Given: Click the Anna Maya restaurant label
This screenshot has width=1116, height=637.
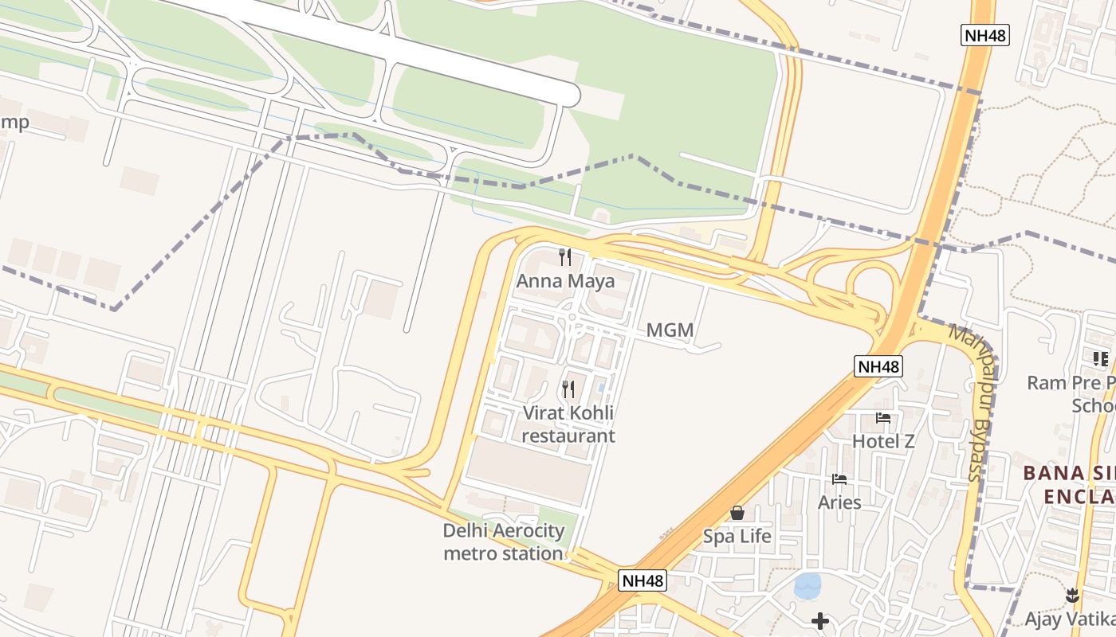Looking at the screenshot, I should [x=565, y=281].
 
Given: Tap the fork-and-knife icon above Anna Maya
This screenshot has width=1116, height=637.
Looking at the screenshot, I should [x=566, y=256].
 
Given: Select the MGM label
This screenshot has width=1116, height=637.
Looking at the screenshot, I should [x=670, y=330].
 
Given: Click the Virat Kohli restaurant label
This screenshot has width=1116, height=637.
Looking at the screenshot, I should [x=568, y=424].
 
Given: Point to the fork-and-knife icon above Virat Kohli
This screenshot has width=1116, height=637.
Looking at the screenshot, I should [x=568, y=389].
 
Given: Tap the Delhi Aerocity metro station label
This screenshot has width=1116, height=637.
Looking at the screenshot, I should [x=504, y=541].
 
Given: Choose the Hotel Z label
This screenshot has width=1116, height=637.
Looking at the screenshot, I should [x=883, y=441].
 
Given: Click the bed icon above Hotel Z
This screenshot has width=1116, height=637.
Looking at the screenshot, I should [x=883, y=417].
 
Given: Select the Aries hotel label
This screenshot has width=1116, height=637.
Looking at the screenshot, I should [x=839, y=502].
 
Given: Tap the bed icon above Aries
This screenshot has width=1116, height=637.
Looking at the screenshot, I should [x=839, y=479].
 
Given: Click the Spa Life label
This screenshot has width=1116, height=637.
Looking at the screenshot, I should [x=737, y=536].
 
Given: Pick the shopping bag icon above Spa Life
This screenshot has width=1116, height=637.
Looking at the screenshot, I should [x=737, y=513].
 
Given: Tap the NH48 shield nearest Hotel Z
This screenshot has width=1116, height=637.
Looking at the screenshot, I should [x=879, y=366].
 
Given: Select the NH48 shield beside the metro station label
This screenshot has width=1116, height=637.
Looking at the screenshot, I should [x=642, y=580].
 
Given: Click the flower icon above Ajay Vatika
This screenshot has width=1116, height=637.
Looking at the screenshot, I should [x=1072, y=595].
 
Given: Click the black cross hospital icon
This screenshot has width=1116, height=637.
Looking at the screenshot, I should [x=820, y=620].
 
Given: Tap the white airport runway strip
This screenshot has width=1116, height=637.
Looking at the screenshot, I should [x=399, y=48].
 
